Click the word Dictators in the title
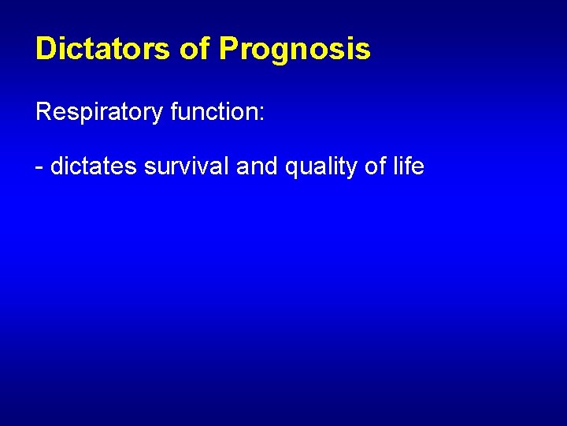pyautogui.click(x=102, y=49)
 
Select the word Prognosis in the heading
pyautogui.click(x=295, y=50)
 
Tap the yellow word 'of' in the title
pyautogui.click(x=195, y=49)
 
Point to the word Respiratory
pyautogui.click(x=99, y=112)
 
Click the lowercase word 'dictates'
pyautogui.click(x=94, y=166)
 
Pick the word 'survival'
pyautogui.click(x=187, y=166)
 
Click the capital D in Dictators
pyautogui.click(x=45, y=49)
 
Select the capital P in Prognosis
pyautogui.click(x=228, y=49)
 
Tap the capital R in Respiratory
pyautogui.click(x=43, y=111)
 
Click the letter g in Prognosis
pyautogui.click(x=276, y=52)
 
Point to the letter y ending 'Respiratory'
pyautogui.click(x=157, y=115)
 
